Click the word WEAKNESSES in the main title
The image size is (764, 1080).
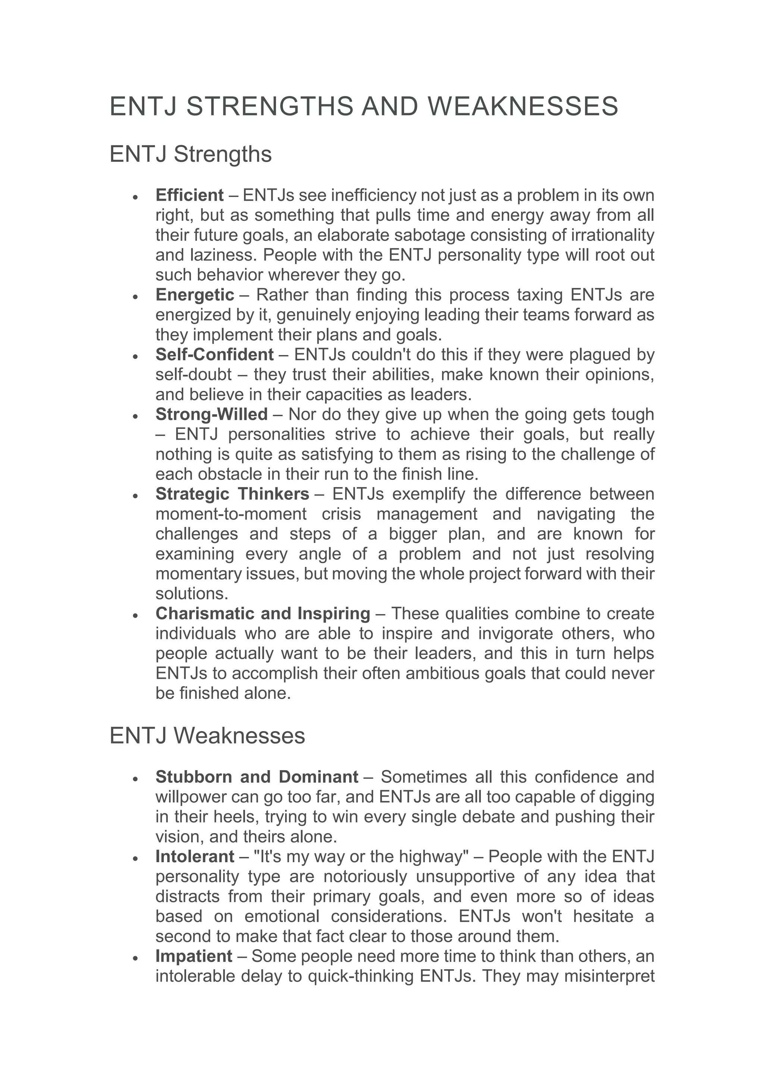click(x=523, y=106)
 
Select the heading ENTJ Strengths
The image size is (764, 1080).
click(x=191, y=154)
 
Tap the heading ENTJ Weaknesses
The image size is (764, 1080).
click(x=207, y=736)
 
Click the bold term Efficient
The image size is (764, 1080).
click(x=190, y=195)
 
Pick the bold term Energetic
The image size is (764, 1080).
click(x=195, y=295)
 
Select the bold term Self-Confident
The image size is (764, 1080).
click(x=215, y=355)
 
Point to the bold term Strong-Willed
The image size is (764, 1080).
click(x=212, y=414)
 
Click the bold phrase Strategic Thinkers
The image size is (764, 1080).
click(x=232, y=494)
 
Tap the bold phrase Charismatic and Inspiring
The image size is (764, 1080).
click(x=263, y=613)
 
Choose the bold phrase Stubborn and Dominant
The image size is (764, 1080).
click(x=257, y=776)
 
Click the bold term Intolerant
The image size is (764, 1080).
click(x=195, y=857)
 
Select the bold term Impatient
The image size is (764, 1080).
click(x=194, y=956)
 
